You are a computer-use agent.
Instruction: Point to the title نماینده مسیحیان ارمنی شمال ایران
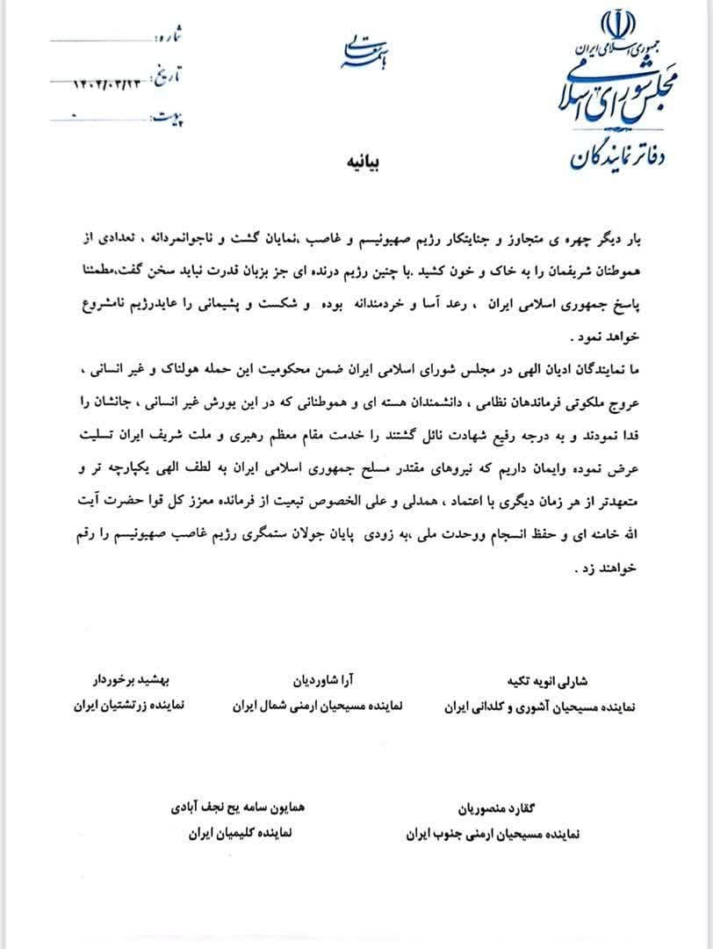318,706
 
